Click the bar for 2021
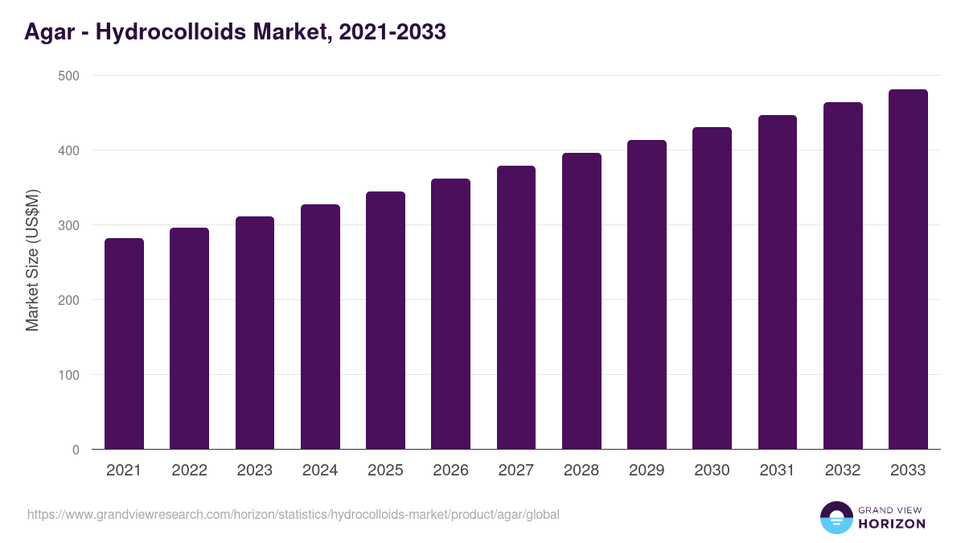tap(124, 343)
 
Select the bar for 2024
tap(320, 327)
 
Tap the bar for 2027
tap(516, 307)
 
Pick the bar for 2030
tap(712, 288)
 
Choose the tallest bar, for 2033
tap(908, 269)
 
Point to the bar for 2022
tap(189, 338)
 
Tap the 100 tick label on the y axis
tap(69, 375)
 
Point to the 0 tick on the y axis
tap(76, 450)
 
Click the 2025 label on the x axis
tap(385, 471)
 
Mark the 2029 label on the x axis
tap(647, 471)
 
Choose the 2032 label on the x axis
tap(843, 471)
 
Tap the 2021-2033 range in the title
tap(392, 32)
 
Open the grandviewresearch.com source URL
tap(294, 514)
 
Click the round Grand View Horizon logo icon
tap(836, 517)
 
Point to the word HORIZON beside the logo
tap(891, 524)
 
